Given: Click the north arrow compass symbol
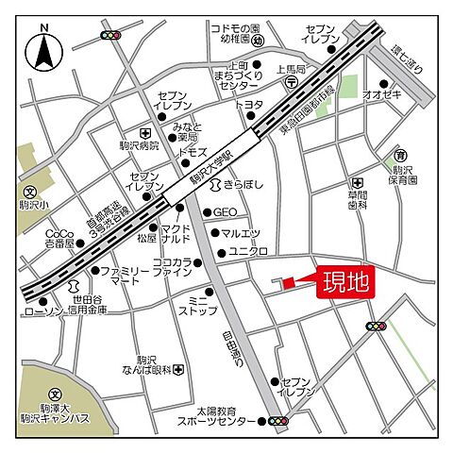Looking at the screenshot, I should [42, 53].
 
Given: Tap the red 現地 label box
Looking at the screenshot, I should [343, 282].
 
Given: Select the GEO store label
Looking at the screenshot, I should [225, 212].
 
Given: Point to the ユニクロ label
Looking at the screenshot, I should [249, 251].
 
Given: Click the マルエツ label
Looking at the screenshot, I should [241, 232].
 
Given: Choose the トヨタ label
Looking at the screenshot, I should [248, 104].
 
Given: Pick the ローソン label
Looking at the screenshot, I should [42, 310].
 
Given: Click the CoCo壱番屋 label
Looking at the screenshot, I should [59, 239].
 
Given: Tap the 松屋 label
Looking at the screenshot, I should [146, 239].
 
